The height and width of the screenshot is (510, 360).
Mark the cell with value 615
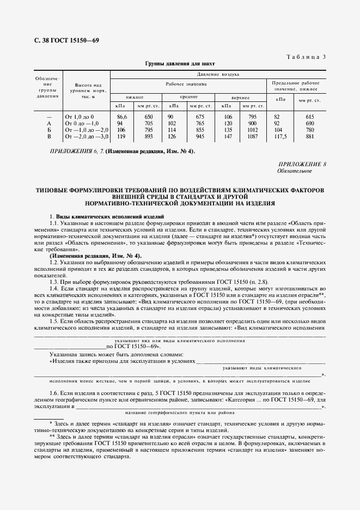310,117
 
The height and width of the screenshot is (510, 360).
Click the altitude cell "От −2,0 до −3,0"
87,137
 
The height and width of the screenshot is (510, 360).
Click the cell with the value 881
310,137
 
